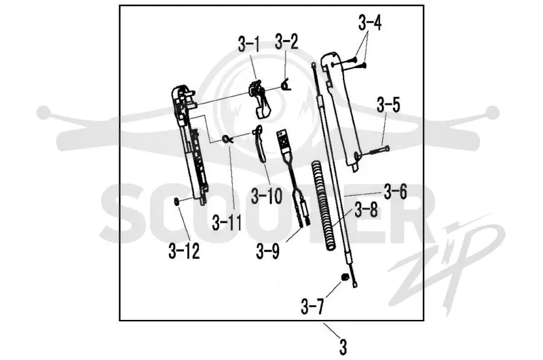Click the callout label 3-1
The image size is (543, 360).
click(248, 43)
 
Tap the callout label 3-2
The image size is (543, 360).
click(286, 41)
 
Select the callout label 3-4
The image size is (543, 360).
click(370, 24)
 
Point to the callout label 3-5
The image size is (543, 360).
click(388, 105)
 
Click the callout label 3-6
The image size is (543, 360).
click(396, 192)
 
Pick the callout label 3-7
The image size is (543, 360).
click(312, 306)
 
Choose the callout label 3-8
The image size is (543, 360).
click(366, 210)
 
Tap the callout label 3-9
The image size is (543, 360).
click(267, 251)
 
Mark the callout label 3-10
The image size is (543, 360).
click(267, 196)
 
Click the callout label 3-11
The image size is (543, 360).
click(227, 223)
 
